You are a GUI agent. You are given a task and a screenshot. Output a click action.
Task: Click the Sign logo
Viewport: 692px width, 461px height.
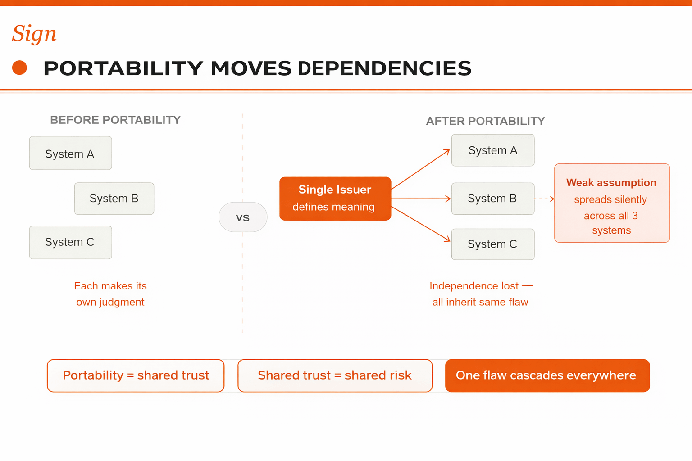34,34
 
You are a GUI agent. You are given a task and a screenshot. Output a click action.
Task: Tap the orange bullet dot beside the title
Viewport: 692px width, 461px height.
19,68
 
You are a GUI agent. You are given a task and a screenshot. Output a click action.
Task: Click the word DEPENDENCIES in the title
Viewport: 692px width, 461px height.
385,68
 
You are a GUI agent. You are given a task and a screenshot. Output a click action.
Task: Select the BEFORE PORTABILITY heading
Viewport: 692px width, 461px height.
115,120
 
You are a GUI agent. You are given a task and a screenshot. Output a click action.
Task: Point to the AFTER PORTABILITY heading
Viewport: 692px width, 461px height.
485,121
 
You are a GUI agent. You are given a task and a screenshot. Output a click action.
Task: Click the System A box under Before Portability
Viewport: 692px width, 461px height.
70,153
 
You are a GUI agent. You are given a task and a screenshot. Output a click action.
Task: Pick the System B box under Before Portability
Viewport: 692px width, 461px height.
114,199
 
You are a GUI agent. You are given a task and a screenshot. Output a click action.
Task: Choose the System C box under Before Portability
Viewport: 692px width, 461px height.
70,242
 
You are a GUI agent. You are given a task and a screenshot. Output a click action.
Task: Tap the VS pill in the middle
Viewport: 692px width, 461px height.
243,217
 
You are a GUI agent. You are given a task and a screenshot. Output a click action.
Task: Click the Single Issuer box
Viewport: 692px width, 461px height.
335,199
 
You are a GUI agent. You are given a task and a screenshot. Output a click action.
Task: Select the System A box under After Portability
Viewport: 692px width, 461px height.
493,150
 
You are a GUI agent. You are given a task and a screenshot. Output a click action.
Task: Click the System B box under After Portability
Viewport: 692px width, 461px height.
493,199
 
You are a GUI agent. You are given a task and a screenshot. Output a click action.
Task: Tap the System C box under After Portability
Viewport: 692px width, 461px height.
493,244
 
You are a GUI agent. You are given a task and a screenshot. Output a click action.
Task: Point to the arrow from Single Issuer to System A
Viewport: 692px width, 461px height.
420,169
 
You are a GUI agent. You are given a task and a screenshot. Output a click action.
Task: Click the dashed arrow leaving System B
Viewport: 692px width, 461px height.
544,199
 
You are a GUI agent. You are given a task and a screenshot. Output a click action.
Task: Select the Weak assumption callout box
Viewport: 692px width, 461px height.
612,203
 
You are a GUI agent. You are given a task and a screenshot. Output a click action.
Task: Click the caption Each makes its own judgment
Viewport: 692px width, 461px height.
110,294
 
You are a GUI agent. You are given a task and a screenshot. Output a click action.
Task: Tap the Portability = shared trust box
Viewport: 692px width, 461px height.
136,376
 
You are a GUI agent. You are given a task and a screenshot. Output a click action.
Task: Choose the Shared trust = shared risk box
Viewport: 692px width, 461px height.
335,376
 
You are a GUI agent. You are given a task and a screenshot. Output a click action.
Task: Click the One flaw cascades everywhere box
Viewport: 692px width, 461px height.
547,376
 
